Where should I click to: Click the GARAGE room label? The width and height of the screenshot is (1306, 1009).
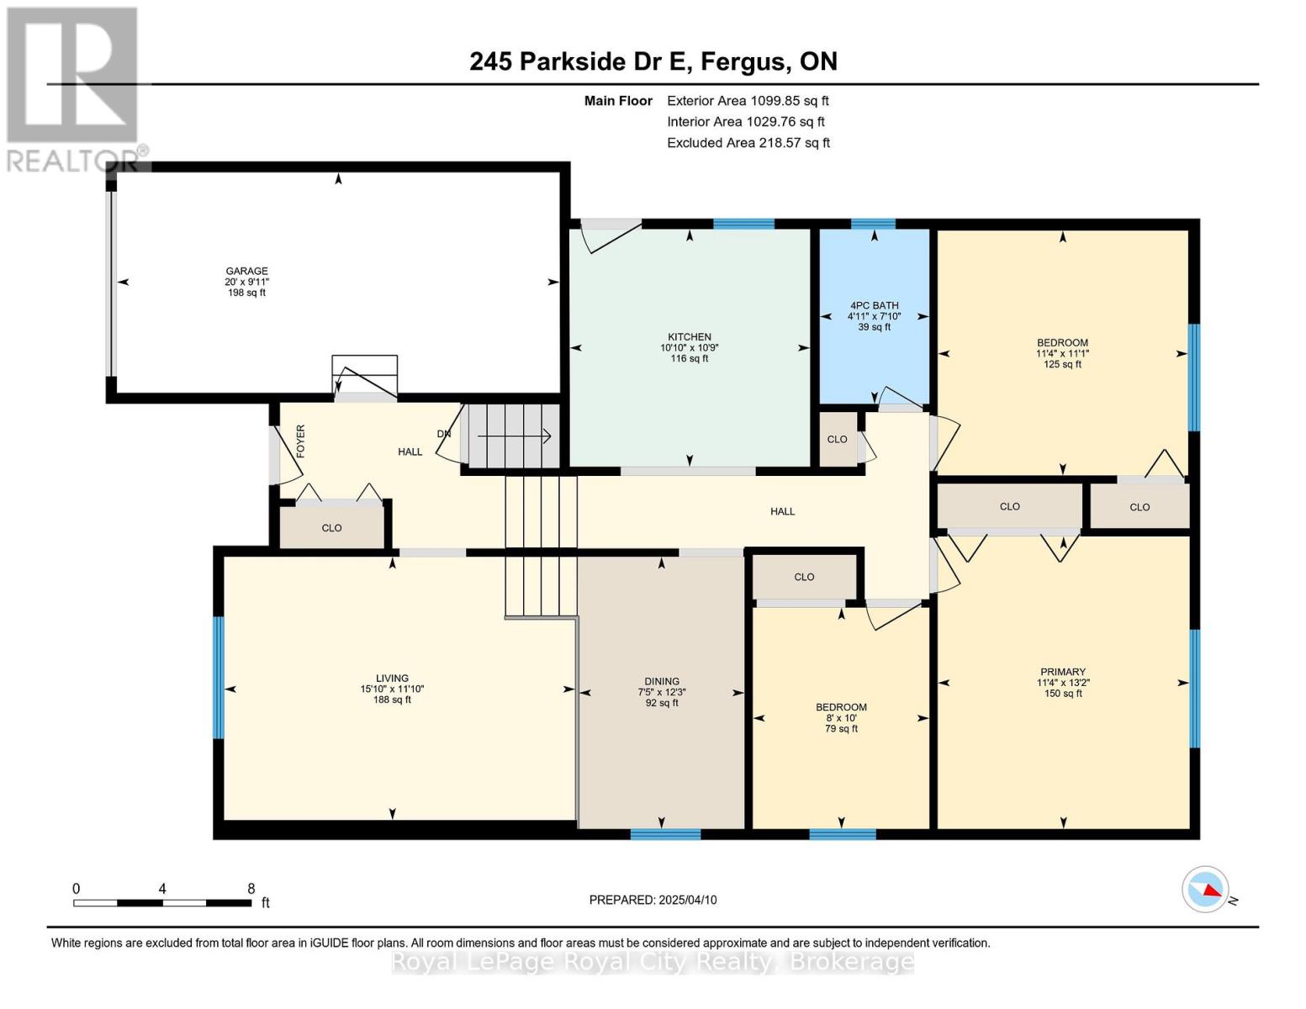246,271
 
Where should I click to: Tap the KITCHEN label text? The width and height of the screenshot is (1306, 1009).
690,337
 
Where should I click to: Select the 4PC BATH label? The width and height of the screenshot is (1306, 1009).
874,306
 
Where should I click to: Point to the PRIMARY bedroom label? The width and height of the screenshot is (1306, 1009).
1063,672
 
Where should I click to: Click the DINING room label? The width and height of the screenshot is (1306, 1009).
662,681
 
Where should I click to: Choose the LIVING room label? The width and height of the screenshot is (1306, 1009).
392,679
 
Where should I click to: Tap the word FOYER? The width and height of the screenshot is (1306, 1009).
300,441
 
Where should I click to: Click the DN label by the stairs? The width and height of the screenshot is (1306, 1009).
443,434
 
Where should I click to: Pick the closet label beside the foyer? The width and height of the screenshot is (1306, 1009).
332,528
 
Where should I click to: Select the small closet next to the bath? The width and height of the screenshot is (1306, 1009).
838,439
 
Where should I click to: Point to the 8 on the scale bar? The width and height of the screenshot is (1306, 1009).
251,889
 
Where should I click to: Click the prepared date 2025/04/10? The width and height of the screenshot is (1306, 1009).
688,901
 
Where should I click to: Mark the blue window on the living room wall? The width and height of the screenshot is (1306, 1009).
219,677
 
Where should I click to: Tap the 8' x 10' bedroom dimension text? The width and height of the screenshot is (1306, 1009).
842,718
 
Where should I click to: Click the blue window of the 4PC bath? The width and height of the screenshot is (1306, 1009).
873,225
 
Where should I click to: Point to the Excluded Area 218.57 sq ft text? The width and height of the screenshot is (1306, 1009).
748,143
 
